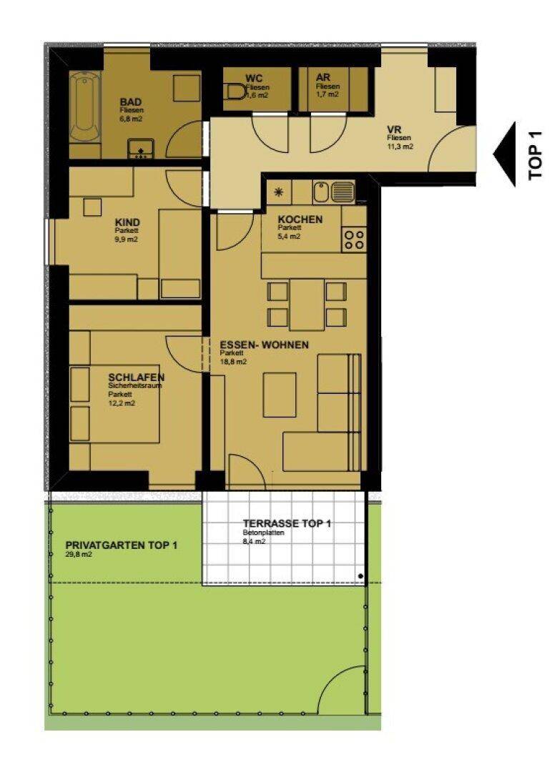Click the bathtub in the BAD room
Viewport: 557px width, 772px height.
click(84, 107)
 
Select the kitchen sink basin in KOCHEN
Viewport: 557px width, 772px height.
click(320, 192)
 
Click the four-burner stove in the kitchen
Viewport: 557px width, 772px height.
click(354, 239)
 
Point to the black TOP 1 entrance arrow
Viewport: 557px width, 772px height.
click(504, 154)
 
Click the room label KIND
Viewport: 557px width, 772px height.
click(127, 222)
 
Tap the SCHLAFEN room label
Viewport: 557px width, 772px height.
click(137, 377)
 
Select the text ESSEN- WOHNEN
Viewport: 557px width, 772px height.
click(264, 345)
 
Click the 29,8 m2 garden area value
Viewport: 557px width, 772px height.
click(79, 555)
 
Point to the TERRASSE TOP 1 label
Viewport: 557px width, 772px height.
click(287, 523)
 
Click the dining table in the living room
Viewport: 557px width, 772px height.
click(307, 305)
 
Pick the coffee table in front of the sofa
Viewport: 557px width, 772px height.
click(280, 395)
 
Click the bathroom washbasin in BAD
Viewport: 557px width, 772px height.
click(141, 149)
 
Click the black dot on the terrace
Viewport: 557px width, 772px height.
click(360, 575)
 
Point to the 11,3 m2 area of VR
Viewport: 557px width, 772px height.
click(400, 147)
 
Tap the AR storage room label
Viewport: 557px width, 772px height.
click(323, 78)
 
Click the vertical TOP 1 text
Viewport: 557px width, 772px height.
click(536, 154)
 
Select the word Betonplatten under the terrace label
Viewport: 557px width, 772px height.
click(263, 533)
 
